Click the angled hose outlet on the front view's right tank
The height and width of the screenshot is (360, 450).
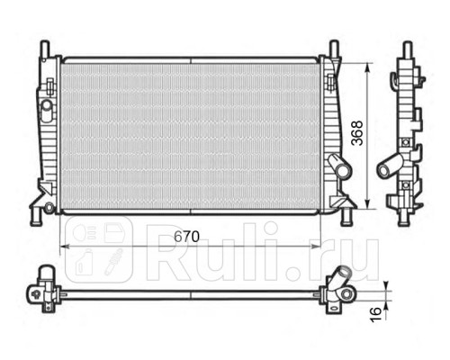pyautogui.click(x=338, y=167)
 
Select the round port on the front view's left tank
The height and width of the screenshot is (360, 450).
pyautogui.click(x=46, y=111)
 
